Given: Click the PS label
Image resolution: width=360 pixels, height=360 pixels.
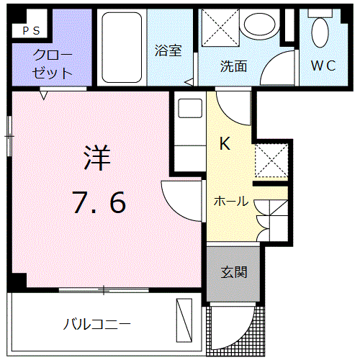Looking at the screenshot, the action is tap(31, 31).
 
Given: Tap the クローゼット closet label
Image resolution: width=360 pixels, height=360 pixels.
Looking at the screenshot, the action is tap(53, 64).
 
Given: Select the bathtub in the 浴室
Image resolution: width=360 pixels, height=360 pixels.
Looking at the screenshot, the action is tap(122, 48).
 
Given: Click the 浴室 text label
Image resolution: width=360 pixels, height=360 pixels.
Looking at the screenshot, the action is tap(168, 50).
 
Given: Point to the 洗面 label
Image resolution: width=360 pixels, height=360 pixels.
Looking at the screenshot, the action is tap(233, 66).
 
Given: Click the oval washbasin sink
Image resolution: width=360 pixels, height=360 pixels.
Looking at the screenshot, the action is tap(260, 24).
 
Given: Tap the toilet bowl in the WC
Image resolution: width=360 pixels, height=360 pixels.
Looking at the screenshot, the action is tap(320, 32).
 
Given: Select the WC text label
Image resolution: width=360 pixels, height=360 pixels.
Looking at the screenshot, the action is tap(323, 66).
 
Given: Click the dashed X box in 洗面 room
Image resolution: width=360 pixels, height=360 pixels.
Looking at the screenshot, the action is tap(220, 27).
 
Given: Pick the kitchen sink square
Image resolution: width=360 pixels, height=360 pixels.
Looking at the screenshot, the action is tap(190, 108).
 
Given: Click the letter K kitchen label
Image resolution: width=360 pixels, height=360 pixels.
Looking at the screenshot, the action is tap(225, 143).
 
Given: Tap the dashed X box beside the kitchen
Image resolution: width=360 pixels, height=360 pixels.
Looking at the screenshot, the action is tap(271, 161).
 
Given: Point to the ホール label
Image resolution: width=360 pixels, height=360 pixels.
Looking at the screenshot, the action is tap(231, 201).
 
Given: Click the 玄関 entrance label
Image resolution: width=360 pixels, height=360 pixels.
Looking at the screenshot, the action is tap(234, 272).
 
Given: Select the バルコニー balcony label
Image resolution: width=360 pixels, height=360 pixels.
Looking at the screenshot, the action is tap(96, 324).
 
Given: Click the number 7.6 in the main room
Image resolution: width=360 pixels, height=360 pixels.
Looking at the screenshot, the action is tap(99, 202).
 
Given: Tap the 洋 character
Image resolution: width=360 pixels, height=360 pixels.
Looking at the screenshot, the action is tap(97, 158).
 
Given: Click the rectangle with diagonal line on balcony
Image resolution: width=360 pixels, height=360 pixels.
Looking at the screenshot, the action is tap(184, 320).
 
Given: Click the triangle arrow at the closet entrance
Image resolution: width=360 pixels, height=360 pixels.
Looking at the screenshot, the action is tap(43, 95).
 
